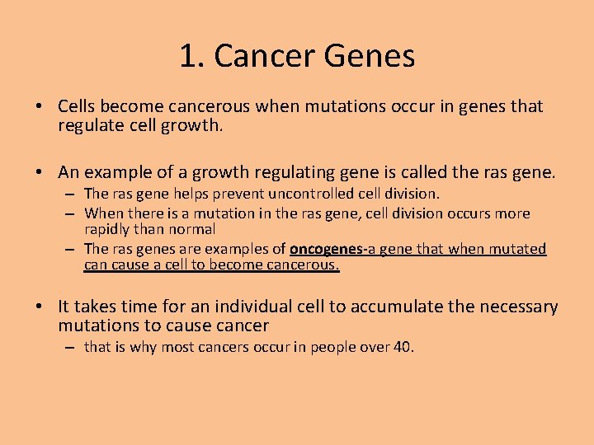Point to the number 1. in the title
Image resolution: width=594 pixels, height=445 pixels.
click(193, 56)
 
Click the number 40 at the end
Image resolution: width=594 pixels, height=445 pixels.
click(403, 347)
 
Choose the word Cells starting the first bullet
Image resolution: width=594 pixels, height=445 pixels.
click(78, 106)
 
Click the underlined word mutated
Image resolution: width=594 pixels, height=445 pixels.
click(516, 249)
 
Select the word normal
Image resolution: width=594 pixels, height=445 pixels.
click(191, 228)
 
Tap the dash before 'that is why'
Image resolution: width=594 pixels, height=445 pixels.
click(73, 347)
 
